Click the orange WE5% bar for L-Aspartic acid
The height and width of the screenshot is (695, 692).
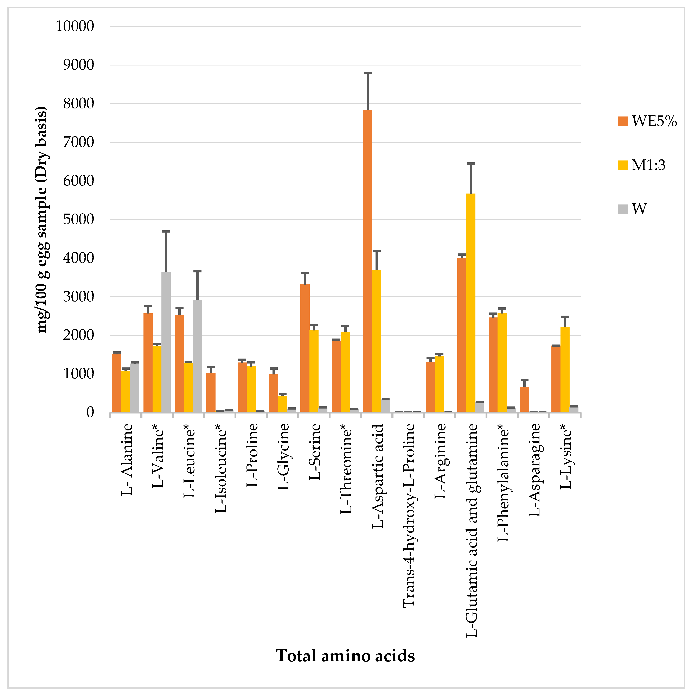coord(367,261)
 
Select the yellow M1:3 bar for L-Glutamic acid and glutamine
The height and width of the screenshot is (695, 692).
coord(470,302)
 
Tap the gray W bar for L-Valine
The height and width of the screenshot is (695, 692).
coord(166,342)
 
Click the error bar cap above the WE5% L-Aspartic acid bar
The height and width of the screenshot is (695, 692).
coord(367,73)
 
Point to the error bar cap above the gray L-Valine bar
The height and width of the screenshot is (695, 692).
coord(166,231)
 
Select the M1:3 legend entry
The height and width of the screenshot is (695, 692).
coord(642,165)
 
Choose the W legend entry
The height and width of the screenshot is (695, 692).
coord(633,209)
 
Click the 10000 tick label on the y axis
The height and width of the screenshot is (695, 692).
coord(75,26)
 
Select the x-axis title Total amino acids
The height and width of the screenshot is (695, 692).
coord(345,655)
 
